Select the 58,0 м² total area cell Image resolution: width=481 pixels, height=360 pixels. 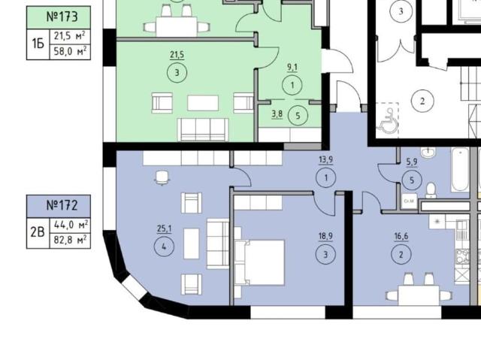(70, 52)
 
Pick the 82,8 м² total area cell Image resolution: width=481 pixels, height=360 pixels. (70, 240)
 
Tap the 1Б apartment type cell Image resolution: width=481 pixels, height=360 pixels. (38, 44)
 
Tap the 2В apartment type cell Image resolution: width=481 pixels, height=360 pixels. (38, 233)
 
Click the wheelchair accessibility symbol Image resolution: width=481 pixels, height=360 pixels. (388, 120)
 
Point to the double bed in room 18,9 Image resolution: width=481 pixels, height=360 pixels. (259, 263)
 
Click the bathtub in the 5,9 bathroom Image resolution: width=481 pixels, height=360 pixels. (460, 170)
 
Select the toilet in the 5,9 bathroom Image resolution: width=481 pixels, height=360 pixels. (431, 190)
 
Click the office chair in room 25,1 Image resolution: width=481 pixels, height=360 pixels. (162, 178)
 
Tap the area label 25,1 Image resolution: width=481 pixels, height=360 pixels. (164, 228)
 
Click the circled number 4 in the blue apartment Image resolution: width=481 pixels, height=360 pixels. (164, 247)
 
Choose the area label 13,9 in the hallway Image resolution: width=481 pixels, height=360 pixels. (325, 159)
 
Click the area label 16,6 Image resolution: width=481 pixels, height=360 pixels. (401, 237)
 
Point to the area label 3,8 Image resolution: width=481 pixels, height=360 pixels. (277, 114)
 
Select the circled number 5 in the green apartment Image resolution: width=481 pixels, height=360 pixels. (298, 116)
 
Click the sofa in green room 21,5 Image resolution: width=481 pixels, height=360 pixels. (203, 130)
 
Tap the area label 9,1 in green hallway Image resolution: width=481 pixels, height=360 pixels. (292, 68)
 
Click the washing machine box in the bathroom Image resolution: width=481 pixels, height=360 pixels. (409, 201)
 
